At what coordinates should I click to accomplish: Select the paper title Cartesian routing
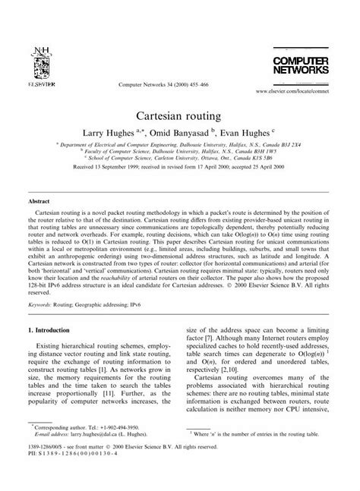(x=180, y=118)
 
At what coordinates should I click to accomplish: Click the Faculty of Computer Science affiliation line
(x=179, y=159)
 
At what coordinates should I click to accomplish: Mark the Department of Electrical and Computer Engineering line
(x=179, y=152)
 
